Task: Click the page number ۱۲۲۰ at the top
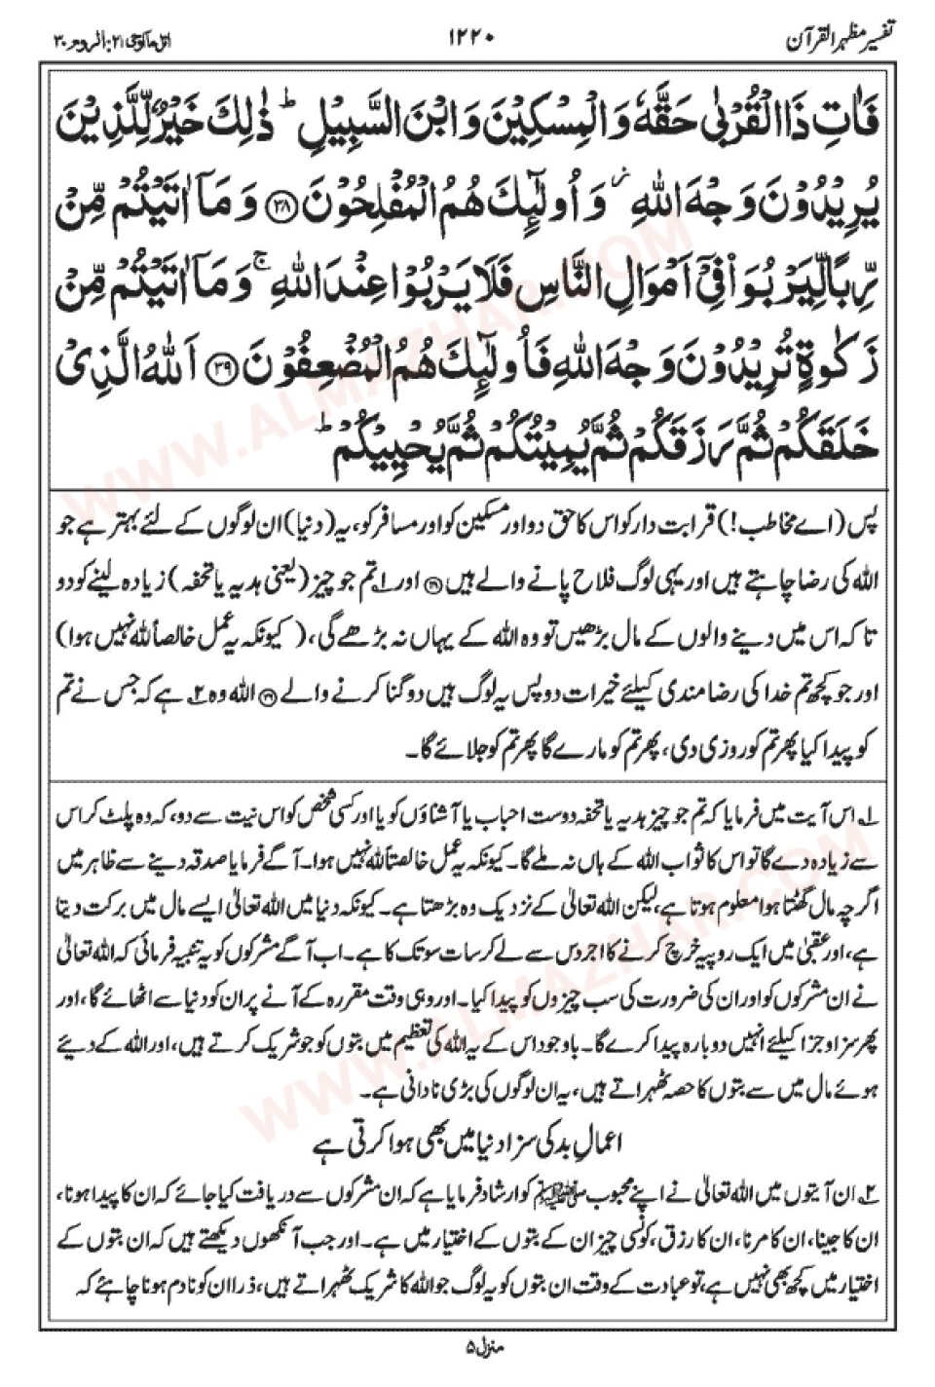pos(472,39)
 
